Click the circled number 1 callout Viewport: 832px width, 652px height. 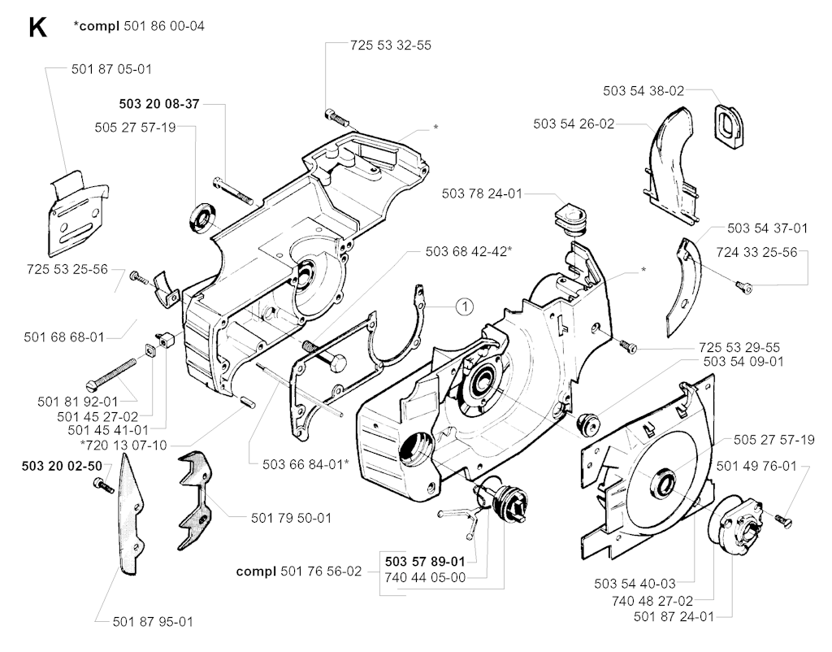click(x=462, y=306)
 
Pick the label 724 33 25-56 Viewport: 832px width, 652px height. click(x=756, y=253)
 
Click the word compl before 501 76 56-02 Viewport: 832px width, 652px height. click(x=255, y=572)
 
